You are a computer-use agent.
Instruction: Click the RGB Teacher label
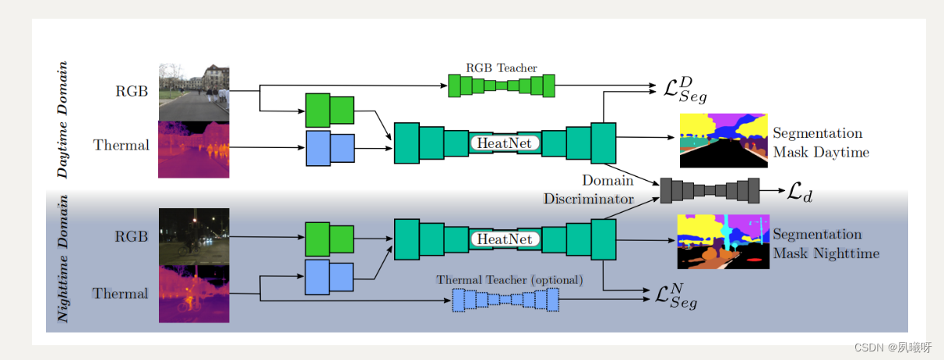pos(502,68)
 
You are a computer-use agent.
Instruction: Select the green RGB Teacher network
pos(502,86)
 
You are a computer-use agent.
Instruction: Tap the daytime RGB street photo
pos(194,91)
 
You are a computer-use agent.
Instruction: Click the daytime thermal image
pos(194,149)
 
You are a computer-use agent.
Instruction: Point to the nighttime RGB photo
pos(194,235)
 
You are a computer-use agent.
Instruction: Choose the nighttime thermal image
pos(194,293)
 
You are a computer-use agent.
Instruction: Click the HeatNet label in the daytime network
pos(505,143)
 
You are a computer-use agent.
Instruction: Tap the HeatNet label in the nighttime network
pos(505,239)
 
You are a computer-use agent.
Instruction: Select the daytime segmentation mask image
pos(724,141)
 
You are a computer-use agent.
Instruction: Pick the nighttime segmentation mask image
pos(724,242)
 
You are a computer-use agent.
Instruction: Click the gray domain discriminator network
pos(710,190)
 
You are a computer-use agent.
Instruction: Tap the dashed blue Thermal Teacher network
pos(506,299)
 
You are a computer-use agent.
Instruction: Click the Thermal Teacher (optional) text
pos(509,279)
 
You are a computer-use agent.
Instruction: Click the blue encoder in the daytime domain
pos(329,148)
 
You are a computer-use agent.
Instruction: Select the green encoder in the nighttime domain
pos(329,238)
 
